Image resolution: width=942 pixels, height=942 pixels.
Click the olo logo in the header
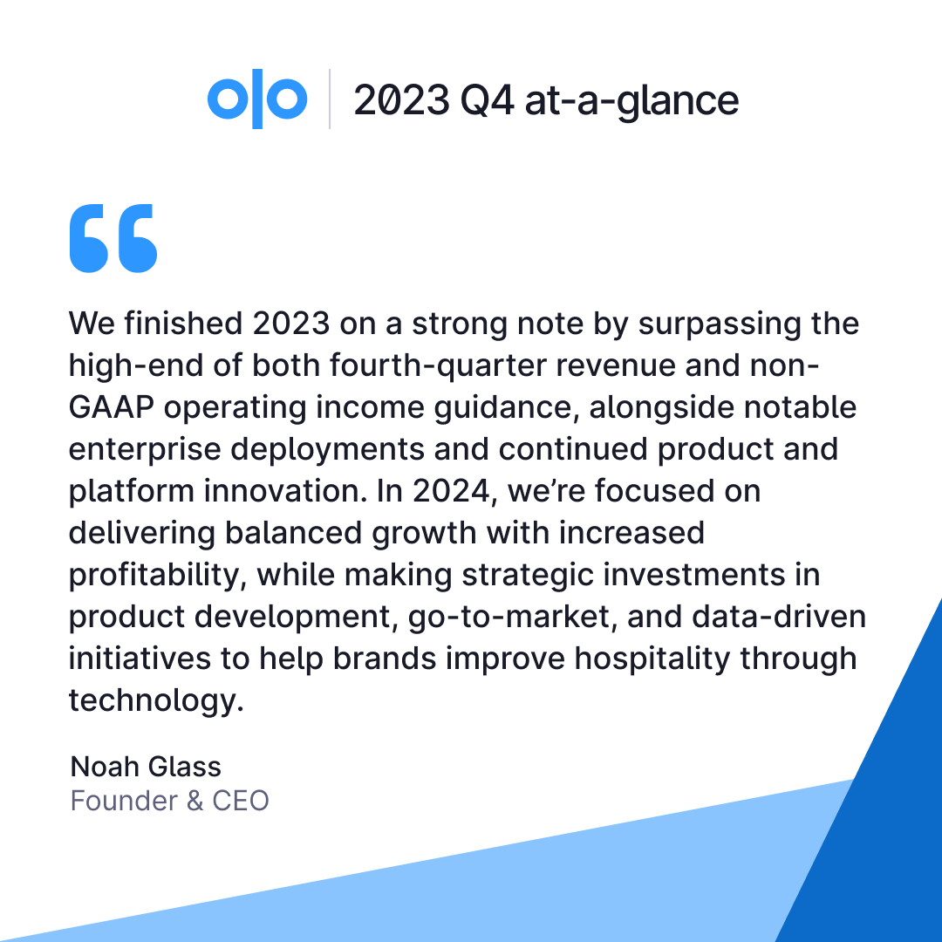pos(257,99)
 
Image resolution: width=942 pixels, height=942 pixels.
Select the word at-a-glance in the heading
pos(631,100)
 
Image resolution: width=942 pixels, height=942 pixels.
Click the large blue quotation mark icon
pos(113,238)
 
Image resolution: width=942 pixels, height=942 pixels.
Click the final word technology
pos(155,700)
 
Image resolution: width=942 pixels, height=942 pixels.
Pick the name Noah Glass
pos(146,767)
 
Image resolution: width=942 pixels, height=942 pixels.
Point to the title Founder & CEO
pos(169,800)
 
